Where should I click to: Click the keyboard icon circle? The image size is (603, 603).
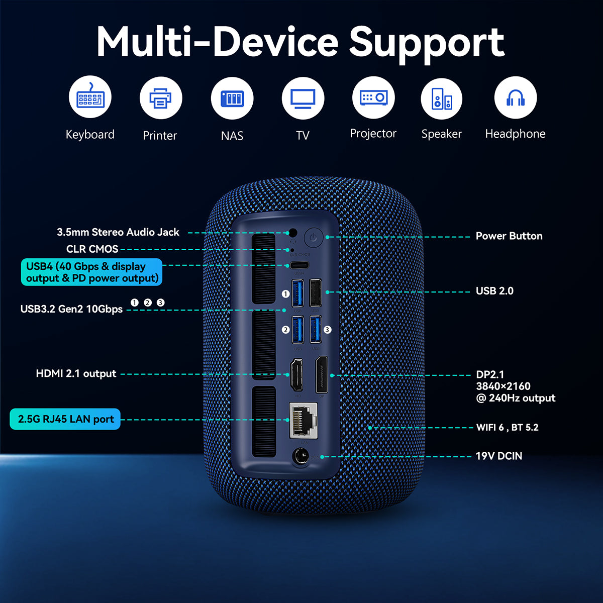point(90,97)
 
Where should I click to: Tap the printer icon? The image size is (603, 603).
point(160,97)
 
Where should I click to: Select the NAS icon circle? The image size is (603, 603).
point(232,97)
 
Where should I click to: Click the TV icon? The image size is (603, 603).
point(303,97)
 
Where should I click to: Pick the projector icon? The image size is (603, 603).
point(373,97)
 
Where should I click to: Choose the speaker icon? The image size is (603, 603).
point(442,97)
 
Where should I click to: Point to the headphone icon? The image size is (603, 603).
point(515,97)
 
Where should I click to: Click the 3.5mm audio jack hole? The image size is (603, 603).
point(292,233)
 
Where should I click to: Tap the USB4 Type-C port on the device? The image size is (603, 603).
point(298,265)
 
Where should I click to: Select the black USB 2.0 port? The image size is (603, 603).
point(315,292)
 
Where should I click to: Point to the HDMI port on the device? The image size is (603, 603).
point(296,375)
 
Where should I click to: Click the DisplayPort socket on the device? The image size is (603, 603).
point(321,375)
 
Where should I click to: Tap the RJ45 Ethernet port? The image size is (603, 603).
point(304,420)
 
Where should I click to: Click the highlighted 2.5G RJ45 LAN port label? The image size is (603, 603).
point(65,419)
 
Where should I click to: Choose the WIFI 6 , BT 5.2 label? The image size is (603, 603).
point(507,428)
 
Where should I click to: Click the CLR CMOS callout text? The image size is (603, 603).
point(92,249)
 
